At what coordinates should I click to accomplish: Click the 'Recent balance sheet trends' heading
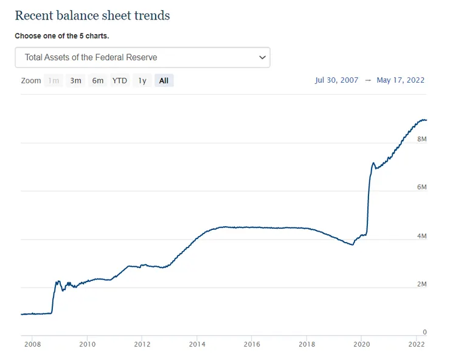coord(92,15)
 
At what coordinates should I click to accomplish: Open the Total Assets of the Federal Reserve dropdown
coord(142,57)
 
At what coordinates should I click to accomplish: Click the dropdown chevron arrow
coord(262,57)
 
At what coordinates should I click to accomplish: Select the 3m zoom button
coord(75,80)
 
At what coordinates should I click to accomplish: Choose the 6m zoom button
coord(98,80)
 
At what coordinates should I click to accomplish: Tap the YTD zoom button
coord(120,80)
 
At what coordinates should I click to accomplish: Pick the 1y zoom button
coord(142,80)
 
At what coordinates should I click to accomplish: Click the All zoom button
coord(164,80)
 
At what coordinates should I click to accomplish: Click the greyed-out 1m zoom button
coord(54,80)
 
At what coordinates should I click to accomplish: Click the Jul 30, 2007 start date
coord(337,80)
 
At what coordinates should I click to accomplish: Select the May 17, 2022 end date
coord(401,80)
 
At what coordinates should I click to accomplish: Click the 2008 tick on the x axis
coord(33,344)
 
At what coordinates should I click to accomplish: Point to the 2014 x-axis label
coord(197,344)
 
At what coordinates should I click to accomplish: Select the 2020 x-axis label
coord(361,344)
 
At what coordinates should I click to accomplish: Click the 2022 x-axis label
coord(416,344)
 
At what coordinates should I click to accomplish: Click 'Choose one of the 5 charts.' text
coord(61,36)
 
